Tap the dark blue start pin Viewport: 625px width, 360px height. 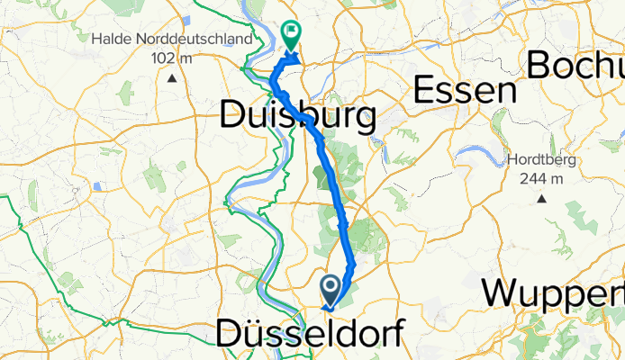coord(331,291)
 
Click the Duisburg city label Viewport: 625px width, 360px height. coord(297,117)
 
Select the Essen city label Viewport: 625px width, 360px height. coord(465,92)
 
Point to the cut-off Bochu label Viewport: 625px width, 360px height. coord(576,65)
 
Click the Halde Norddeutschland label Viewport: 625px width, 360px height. coord(170,40)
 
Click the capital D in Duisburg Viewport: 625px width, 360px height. coord(234,117)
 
